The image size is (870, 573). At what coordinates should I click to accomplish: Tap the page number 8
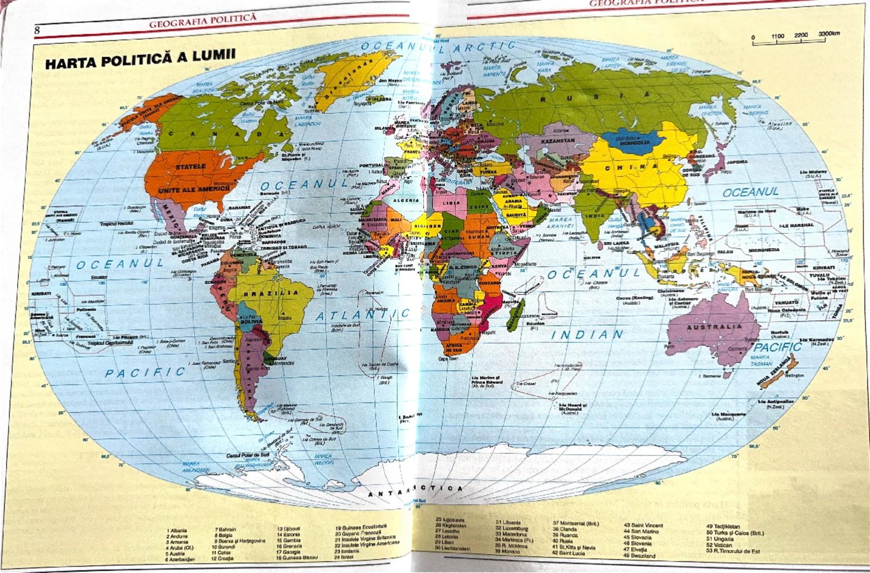(37, 30)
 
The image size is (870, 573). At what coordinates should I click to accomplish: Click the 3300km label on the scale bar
(829, 34)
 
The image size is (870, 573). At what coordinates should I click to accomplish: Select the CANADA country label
(223, 134)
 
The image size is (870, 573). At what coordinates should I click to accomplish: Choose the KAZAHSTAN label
(557, 141)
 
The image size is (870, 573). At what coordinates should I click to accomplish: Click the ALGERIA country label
(406, 201)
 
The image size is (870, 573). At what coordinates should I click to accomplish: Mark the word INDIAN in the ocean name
(587, 335)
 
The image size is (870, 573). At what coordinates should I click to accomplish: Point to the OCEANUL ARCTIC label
(438, 47)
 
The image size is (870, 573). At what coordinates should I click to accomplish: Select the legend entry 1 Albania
(177, 530)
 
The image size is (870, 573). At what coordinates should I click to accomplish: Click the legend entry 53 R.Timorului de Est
(733, 551)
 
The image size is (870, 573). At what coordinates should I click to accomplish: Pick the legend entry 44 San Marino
(641, 531)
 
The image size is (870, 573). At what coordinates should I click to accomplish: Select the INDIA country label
(595, 216)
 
